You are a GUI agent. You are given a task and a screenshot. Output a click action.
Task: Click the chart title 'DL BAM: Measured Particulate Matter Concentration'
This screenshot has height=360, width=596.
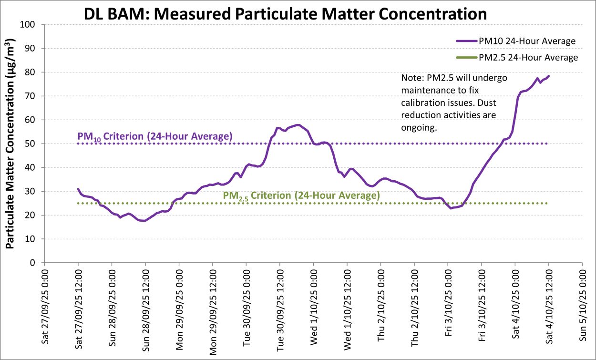[x=285, y=13]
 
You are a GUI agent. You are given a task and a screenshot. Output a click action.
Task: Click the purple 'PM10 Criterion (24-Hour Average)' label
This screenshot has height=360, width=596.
[x=155, y=136]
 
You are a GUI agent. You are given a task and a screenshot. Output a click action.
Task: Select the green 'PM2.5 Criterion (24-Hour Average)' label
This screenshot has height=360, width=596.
[x=301, y=195]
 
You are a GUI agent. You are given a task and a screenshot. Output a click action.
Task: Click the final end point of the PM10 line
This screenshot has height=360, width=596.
[x=549, y=76]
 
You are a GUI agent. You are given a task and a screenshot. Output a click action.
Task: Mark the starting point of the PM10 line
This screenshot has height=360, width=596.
[x=78, y=189]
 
